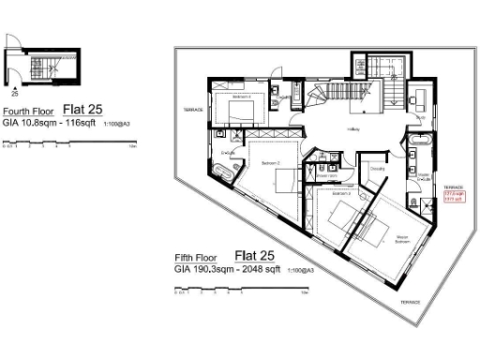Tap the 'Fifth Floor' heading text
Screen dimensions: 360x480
[201, 257]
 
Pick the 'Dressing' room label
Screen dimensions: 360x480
[376, 168]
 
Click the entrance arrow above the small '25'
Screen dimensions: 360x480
[14, 85]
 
